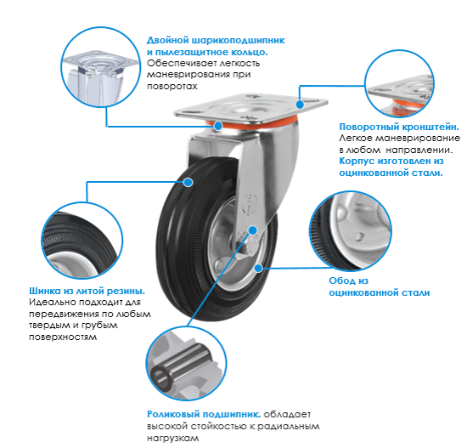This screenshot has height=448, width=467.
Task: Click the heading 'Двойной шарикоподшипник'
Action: (216, 41)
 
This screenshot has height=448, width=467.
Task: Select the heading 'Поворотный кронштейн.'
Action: (399, 128)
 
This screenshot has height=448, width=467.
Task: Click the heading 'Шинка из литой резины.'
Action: (87, 291)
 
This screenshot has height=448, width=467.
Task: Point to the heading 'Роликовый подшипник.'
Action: (204, 414)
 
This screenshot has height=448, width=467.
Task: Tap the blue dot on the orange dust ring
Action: (218, 126)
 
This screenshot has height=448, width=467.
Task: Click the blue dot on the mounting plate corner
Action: (301, 104)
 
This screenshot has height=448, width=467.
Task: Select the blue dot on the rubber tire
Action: (188, 182)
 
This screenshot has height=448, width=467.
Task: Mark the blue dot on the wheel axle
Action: (253, 230)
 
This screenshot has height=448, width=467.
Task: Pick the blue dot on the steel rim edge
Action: (258, 268)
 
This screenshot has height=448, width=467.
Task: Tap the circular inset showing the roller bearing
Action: (186, 363)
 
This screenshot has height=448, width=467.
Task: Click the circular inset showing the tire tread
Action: (82, 241)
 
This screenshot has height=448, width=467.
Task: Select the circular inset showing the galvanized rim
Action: (351, 231)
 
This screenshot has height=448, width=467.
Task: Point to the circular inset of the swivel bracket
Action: (399, 83)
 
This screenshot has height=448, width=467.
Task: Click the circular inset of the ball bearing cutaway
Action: (100, 67)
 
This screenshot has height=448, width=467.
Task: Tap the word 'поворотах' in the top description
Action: (172, 87)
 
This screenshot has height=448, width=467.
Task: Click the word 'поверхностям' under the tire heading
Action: (63, 337)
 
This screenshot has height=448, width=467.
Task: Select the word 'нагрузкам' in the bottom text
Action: (172, 439)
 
